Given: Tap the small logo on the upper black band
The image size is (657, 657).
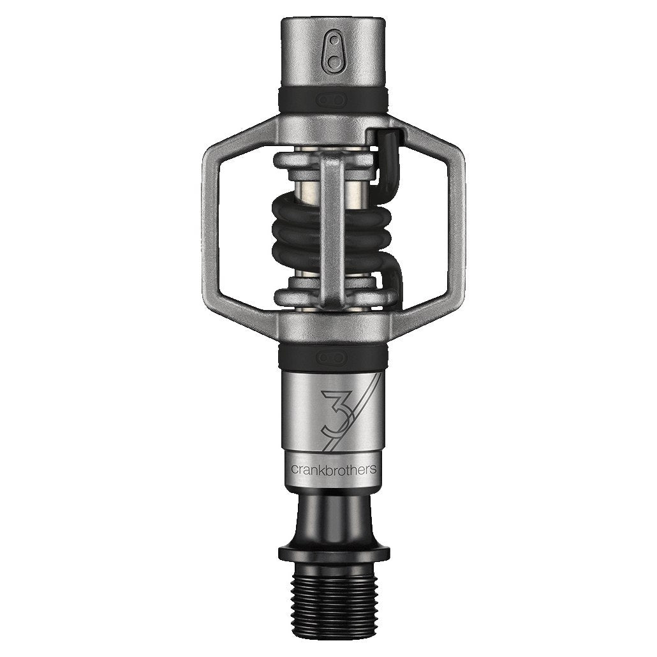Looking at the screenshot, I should [x=333, y=99].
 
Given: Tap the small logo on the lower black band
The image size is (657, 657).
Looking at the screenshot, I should [x=333, y=355].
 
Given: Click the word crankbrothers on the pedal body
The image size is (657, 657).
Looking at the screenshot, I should [x=333, y=469].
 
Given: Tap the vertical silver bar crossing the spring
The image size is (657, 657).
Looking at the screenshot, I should [x=333, y=230].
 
